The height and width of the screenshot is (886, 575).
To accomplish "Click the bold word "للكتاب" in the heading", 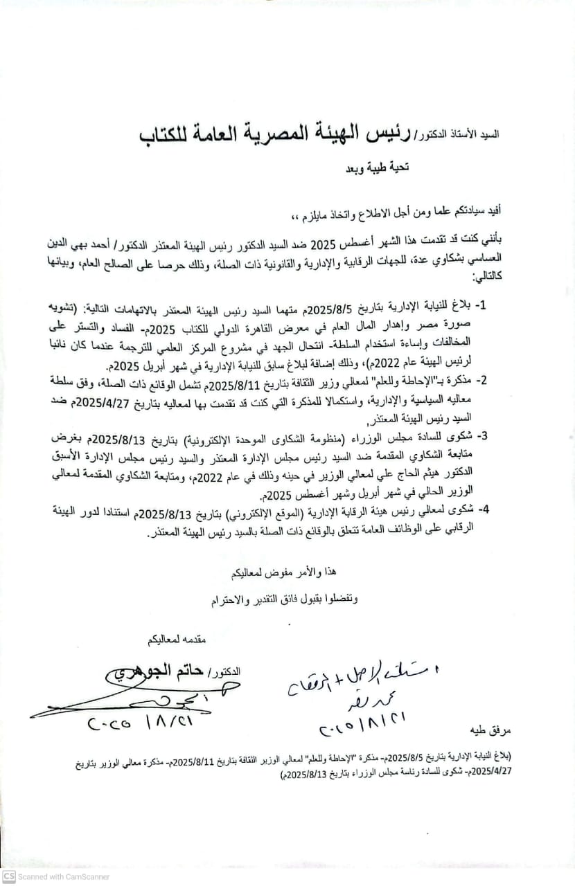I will point(173,135).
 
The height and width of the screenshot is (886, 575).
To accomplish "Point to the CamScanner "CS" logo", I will point(8,876).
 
